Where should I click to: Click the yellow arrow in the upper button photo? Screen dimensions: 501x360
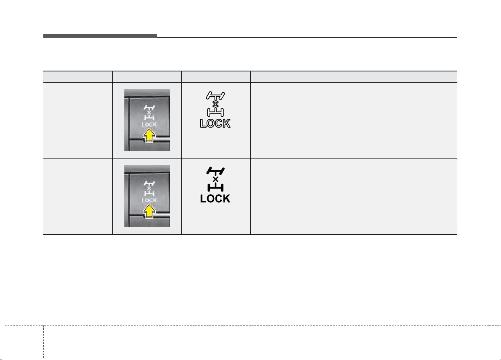click(149, 136)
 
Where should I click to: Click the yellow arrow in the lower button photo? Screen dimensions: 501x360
click(149, 212)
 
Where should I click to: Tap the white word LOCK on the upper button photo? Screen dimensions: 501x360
click(149, 125)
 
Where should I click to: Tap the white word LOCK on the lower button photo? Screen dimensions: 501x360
click(149, 201)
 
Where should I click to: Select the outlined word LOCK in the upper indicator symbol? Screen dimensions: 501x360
click(215, 123)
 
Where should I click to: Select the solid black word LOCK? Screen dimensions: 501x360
click(215, 199)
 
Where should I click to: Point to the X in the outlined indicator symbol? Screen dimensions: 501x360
click(215, 104)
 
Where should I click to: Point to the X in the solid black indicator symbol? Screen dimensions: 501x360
click(215, 179)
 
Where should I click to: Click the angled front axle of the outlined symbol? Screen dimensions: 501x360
click(215, 96)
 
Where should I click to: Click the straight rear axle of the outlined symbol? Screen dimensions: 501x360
click(215, 112)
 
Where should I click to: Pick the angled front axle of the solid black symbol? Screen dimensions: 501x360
click(215, 171)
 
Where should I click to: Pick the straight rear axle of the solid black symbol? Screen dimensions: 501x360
click(215, 187)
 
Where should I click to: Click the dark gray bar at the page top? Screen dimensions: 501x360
click(100, 36)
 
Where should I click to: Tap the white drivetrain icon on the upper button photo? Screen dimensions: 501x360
click(149, 112)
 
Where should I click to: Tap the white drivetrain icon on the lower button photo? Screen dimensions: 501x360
click(149, 188)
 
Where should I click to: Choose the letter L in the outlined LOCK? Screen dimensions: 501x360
click(203, 124)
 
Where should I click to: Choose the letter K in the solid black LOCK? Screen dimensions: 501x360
click(227, 199)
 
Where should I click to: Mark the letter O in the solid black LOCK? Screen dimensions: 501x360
click(210, 199)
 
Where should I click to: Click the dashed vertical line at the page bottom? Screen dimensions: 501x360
click(43, 343)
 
